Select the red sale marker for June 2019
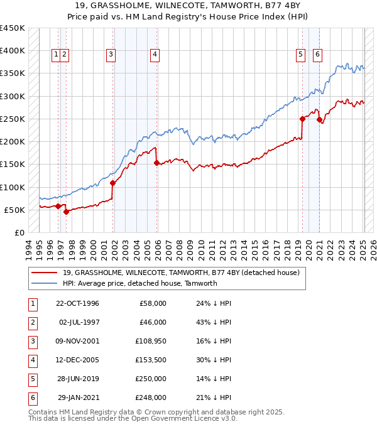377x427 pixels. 302,119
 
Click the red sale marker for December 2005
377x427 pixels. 156,163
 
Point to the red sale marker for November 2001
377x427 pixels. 113,183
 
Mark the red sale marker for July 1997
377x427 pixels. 66,212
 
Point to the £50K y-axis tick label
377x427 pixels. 14,210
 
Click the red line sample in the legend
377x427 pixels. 45,273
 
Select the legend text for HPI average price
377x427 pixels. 139,283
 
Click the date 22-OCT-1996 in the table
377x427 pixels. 77,303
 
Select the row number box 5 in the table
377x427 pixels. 32,379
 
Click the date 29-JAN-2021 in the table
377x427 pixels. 78,397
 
